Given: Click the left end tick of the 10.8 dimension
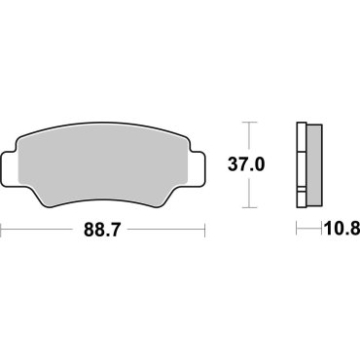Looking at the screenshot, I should tap(298, 232).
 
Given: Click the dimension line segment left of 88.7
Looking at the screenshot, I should tap(39, 232).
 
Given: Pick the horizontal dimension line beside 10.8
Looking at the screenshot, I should tap(310, 232).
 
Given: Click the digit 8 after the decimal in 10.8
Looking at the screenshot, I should tap(353, 232).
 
